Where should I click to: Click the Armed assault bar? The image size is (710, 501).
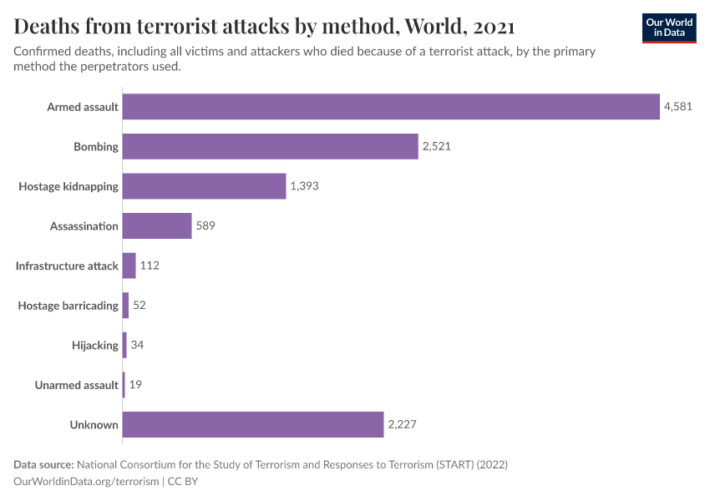391,107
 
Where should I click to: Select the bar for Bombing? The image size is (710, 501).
270,147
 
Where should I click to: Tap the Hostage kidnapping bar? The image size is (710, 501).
205,186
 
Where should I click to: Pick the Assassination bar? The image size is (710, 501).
157,226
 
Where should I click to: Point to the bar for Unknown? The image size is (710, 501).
253,424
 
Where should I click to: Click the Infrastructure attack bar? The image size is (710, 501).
129,266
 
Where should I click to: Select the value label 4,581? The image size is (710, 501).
677,107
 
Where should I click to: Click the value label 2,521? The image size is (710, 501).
437,147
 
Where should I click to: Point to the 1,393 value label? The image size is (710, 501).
304,186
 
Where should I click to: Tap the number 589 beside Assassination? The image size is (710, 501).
205,226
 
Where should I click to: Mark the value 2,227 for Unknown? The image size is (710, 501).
402,424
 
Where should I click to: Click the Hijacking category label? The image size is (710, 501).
95,345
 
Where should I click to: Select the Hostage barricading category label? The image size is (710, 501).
68,306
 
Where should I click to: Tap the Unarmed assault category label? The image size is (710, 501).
76,385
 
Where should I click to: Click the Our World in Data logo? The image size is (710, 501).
668,28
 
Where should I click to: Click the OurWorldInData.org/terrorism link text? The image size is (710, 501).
86,481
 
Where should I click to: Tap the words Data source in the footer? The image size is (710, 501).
43,464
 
